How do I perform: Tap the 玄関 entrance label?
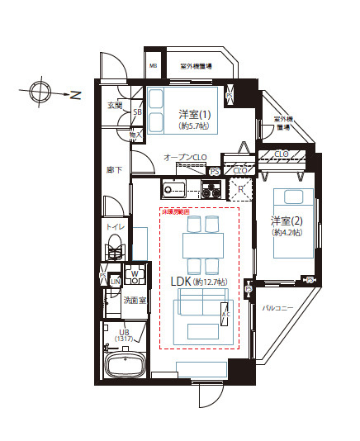tap(115, 106)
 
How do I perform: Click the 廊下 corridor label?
tap(115, 170)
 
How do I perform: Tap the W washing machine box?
tap(135, 273)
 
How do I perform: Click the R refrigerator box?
tap(239, 189)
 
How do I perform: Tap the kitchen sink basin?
tap(175, 190)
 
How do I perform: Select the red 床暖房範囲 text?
tap(175, 211)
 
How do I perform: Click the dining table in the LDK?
tap(201, 244)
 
